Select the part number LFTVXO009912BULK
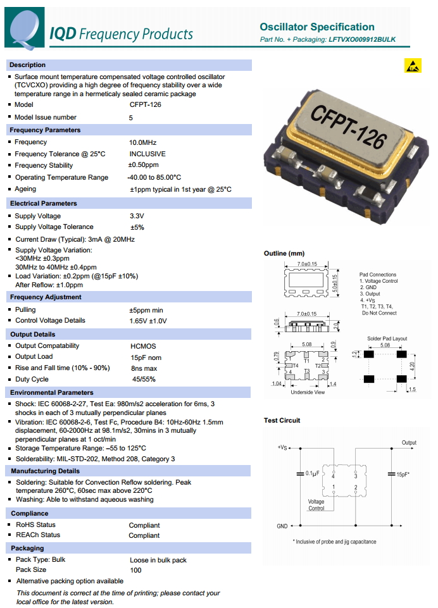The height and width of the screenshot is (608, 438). (x=362, y=39)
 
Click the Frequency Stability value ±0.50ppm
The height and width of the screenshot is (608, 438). (x=144, y=166)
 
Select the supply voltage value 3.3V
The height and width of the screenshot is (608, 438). (x=137, y=216)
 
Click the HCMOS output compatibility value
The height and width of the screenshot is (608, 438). (x=142, y=346)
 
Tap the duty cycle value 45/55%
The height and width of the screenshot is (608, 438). (x=144, y=380)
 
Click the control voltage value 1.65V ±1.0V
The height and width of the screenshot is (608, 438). (x=148, y=321)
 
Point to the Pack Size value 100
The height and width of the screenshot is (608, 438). (x=135, y=570)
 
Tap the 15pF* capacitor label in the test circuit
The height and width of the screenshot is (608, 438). (x=403, y=474)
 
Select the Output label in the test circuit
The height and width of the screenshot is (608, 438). (x=409, y=443)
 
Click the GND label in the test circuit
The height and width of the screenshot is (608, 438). (x=282, y=526)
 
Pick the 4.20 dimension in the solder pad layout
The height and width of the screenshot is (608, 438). (x=412, y=365)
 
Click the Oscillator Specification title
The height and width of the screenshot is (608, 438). (x=317, y=27)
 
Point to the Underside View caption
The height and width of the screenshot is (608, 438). (x=308, y=392)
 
